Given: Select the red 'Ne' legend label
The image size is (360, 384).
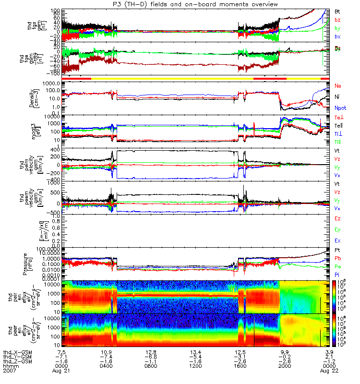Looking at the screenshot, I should click(x=338, y=86).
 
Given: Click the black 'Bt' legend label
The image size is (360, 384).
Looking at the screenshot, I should click(x=337, y=11).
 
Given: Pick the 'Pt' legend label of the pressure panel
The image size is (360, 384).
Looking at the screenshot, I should click(x=337, y=251).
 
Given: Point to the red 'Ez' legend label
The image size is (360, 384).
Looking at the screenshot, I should click(x=337, y=219).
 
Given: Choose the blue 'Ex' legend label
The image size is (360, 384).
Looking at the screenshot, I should click(x=337, y=240).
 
